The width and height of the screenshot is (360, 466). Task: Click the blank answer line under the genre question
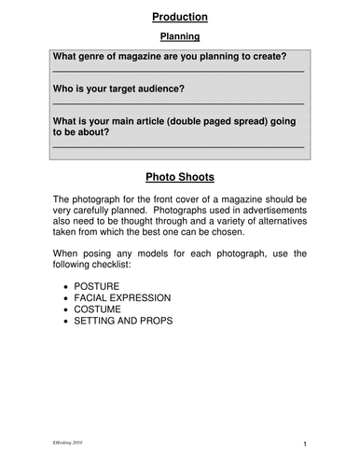click(178, 72)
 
